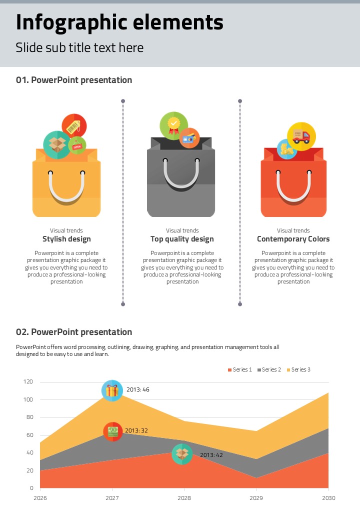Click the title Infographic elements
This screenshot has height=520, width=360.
click(x=119, y=22)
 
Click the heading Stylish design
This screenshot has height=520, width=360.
click(x=66, y=239)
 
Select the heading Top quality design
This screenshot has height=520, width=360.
click(x=182, y=239)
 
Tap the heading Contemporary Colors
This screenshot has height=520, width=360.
click(x=293, y=239)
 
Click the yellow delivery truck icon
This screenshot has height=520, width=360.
click(x=301, y=136)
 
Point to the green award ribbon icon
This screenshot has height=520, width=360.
click(x=173, y=125)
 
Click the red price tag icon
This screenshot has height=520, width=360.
click(x=74, y=127)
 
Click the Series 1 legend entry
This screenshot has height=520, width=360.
click(x=240, y=369)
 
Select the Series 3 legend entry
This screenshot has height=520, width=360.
click(x=298, y=369)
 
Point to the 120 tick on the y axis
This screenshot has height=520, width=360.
click(x=28, y=382)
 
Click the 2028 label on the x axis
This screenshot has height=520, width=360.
click(x=184, y=498)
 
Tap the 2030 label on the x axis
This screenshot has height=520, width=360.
click(x=328, y=498)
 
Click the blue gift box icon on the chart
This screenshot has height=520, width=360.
click(x=112, y=390)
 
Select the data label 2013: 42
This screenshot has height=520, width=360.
click(x=211, y=455)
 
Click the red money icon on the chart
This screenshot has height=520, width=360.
click(x=113, y=431)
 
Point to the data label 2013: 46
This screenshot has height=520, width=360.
click(x=138, y=389)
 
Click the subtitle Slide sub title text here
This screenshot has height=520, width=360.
click(x=79, y=47)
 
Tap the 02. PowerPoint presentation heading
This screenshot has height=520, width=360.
click(x=74, y=332)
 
